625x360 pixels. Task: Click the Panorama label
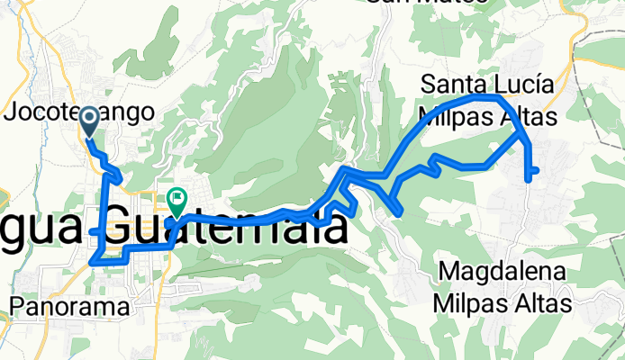pos(70,306)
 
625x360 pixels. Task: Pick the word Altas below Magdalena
pos(544,304)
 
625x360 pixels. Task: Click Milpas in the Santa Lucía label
pos(454,117)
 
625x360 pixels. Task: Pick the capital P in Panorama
pos(17,306)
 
